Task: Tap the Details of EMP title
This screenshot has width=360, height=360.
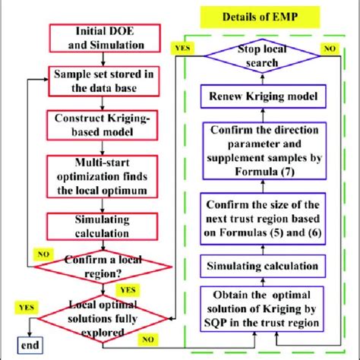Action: coord(259,17)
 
